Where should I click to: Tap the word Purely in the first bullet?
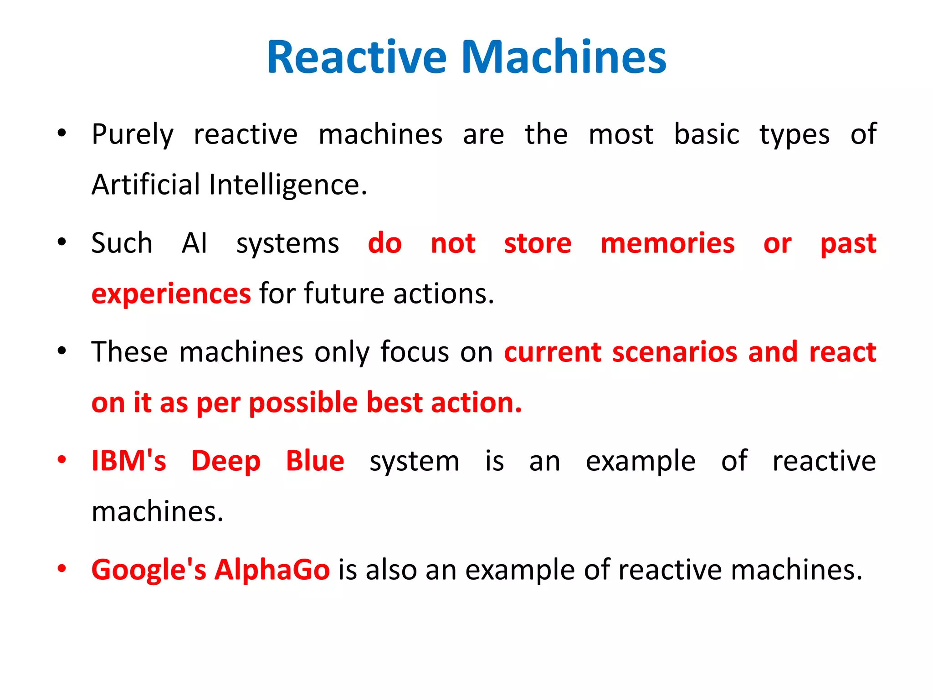[133, 135]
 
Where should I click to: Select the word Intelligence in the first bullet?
[288, 185]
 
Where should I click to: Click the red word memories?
[667, 243]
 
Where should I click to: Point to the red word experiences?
[171, 294]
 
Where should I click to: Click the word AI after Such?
[195, 243]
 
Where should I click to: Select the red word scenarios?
[675, 352]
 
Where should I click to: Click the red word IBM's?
[129, 461]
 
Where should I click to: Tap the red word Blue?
[315, 461]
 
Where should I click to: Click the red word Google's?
[149, 570]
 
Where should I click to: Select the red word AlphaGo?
[272, 570]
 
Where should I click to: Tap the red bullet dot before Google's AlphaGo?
[62, 569]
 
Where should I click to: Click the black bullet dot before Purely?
[62, 134]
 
